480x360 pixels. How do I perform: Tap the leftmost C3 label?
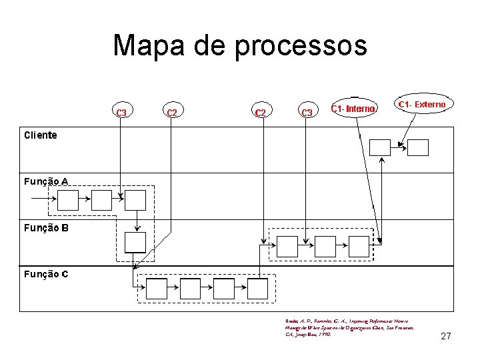[x=121, y=112]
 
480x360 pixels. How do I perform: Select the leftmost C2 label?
[x=172, y=112]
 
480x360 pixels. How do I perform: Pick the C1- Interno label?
[x=354, y=108]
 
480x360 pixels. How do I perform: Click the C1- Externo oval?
[x=423, y=105]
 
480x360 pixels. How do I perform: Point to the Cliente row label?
[x=41, y=135]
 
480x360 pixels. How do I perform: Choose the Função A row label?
[x=46, y=181]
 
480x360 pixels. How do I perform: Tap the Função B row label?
[x=46, y=227]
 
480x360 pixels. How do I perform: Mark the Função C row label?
[x=46, y=273]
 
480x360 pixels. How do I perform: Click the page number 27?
[x=446, y=336]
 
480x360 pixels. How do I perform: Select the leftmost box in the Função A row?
[x=68, y=200]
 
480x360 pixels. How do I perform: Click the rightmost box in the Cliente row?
[x=418, y=147]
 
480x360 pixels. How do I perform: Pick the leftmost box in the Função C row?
[x=156, y=289]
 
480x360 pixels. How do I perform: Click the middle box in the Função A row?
[x=101, y=200]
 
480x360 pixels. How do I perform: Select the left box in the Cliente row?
[x=380, y=147]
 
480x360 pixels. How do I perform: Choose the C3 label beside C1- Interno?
[x=307, y=112]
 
